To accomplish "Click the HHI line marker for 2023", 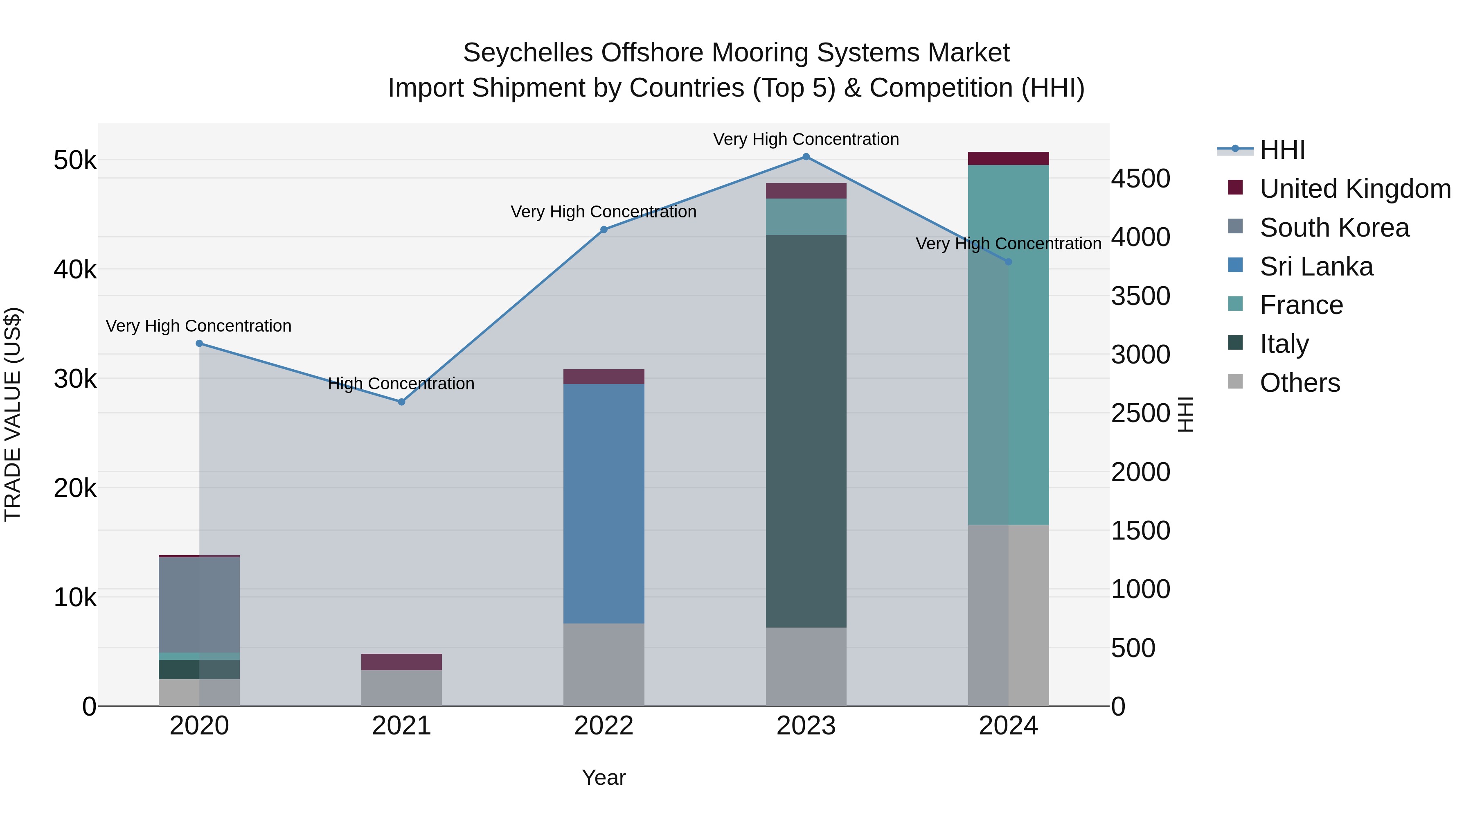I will [806, 157].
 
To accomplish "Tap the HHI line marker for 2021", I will [401, 402].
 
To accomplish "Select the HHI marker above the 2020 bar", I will [199, 343].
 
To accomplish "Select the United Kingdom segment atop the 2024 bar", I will [1008, 158].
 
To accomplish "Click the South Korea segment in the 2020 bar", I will [199, 604].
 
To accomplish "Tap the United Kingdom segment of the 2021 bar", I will [401, 662].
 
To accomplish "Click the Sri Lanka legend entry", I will [1316, 267].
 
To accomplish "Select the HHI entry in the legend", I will [1282, 150].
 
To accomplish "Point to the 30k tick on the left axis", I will [75, 379].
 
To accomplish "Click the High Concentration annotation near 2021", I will [401, 383].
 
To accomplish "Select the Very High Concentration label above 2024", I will [1008, 244].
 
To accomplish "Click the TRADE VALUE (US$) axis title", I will [13, 414].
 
